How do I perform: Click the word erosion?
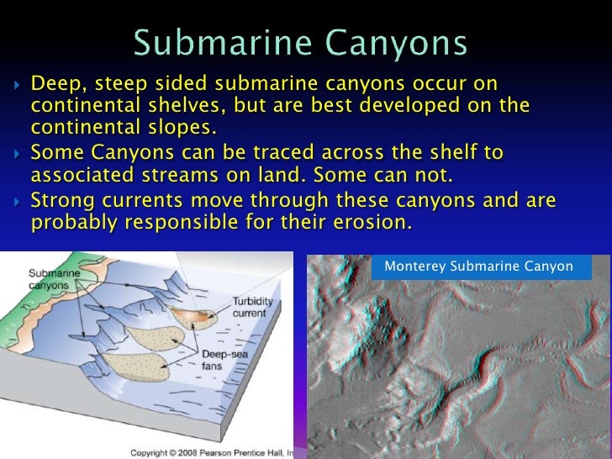point(377,222)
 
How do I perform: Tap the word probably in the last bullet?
point(69,222)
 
